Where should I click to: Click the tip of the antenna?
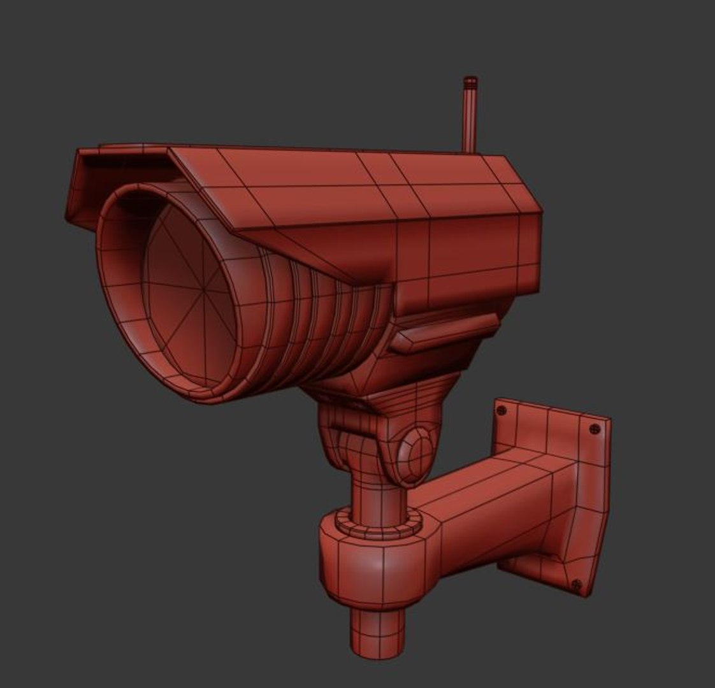(x=470, y=81)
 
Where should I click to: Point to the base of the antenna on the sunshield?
(x=470, y=150)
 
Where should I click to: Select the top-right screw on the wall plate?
(x=595, y=429)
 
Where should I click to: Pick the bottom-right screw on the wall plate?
(x=577, y=584)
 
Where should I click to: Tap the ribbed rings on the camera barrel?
(x=319, y=319)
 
